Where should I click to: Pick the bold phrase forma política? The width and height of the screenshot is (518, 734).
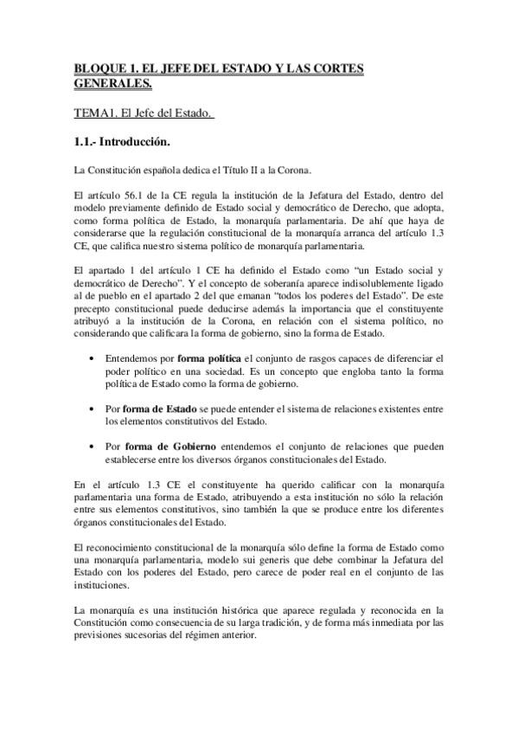[210, 358]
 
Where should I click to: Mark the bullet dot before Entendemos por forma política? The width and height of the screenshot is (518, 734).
[93, 358]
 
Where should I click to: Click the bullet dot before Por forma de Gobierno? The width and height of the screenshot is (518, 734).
[93, 446]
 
